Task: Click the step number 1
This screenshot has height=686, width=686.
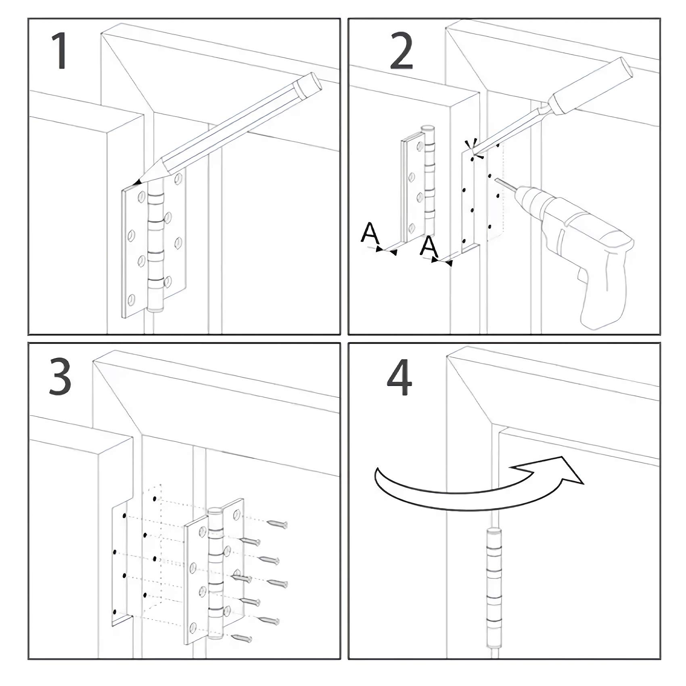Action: tap(61, 51)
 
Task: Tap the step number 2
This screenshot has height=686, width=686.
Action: tap(401, 51)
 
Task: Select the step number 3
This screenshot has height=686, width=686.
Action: tap(60, 377)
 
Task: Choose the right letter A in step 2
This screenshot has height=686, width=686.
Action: tap(429, 247)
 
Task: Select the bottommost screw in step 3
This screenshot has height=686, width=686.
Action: tap(241, 638)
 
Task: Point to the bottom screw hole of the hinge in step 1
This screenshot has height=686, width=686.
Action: tap(132, 299)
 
